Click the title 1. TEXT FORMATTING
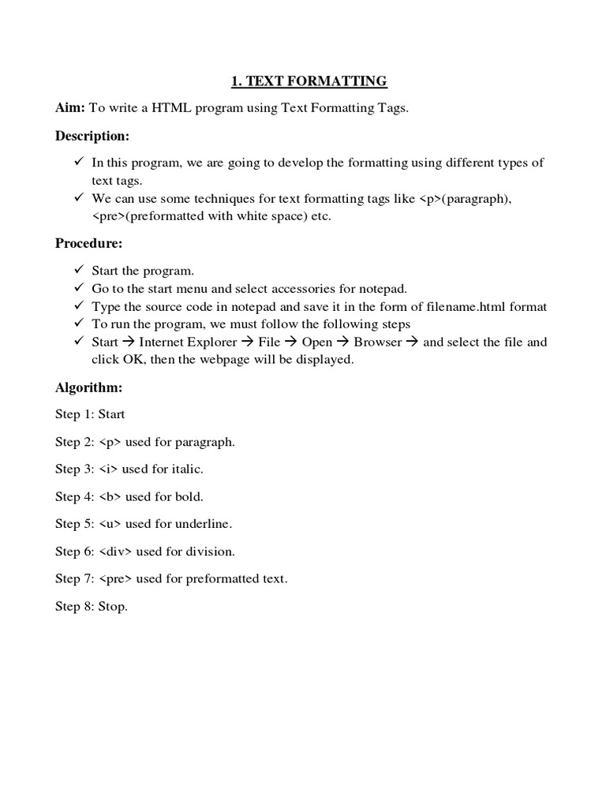point(309,80)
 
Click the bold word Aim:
point(69,108)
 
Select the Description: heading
point(92,136)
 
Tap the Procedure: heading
point(88,243)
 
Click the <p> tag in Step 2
point(110,442)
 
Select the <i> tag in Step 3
point(109,469)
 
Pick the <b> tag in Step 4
point(110,497)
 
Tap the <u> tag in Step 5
point(110,524)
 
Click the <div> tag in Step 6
point(116,552)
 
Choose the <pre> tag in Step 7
point(116,579)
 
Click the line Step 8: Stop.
point(91,607)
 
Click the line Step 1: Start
point(90,414)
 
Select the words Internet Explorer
point(188,342)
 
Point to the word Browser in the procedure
point(377,342)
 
